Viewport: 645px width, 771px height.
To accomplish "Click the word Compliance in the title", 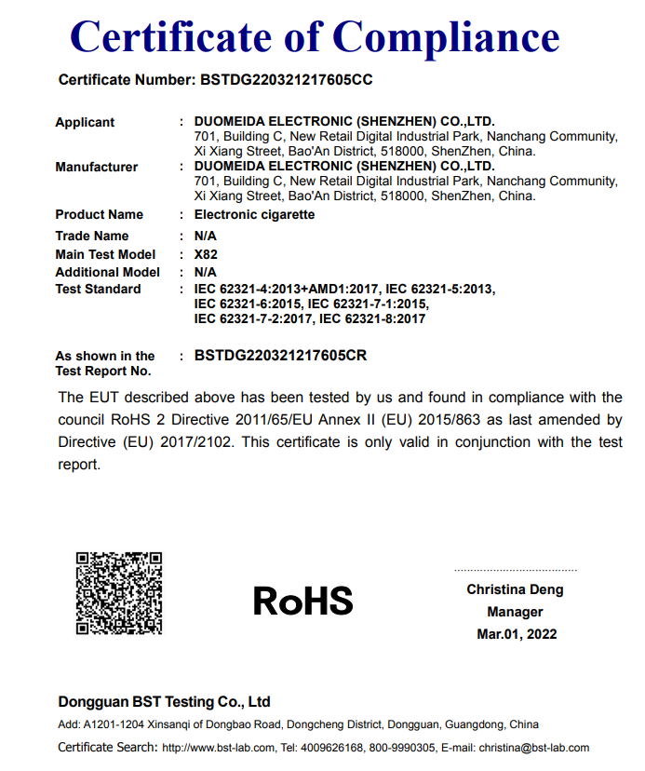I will [446, 37].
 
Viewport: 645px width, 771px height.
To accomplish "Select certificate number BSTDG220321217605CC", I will [287, 80].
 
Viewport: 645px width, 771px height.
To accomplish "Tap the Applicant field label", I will [85, 122].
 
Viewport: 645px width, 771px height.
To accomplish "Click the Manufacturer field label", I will [96, 167].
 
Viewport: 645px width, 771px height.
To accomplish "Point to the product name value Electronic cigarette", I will [254, 214].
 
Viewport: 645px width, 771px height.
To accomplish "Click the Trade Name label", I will [92, 236].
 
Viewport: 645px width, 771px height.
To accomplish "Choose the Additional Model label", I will [107, 272].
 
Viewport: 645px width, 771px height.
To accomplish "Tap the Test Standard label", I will [98, 289].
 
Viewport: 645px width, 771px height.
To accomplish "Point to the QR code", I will [119, 594].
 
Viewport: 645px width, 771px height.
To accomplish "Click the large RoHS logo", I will [303, 601].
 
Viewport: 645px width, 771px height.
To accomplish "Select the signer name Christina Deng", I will [515, 589].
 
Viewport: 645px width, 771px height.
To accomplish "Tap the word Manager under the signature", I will [515, 612].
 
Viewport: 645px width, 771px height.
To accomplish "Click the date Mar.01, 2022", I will [516, 634].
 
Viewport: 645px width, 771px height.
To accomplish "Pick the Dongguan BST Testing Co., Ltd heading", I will [164, 701].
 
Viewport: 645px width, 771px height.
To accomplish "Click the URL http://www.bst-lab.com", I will [219, 748].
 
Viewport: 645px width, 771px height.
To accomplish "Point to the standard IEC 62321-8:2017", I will [372, 318].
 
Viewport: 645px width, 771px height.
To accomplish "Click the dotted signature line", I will [515, 570].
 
